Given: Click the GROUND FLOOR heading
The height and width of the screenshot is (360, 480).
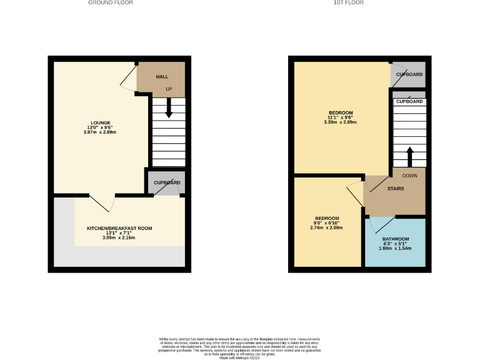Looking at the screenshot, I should click(110, 2).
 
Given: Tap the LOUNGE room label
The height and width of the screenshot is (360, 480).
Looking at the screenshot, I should click(100, 122).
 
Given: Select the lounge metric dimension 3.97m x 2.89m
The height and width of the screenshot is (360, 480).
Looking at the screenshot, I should click(100, 132).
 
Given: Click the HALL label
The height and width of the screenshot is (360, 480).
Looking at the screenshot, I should click(162, 76).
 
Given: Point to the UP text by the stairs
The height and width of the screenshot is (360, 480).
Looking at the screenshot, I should click(169, 89).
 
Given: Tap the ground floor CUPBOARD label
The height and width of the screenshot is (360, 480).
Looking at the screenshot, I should click(167, 182).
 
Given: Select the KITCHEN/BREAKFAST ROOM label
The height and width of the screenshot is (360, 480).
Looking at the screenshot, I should click(119, 229).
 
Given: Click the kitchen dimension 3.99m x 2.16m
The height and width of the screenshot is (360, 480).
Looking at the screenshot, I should click(119, 237).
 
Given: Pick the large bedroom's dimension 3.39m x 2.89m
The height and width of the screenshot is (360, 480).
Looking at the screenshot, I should click(340, 122).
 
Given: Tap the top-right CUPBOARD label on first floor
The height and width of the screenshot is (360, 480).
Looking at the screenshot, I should click(409, 75).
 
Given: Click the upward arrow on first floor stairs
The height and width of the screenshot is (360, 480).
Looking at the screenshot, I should click(409, 156).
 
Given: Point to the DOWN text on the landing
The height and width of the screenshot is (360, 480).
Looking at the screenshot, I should click(409, 176).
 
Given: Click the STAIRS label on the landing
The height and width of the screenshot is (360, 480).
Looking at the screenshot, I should click(395, 188).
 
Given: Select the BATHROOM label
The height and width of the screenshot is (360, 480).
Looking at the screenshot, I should click(395, 239).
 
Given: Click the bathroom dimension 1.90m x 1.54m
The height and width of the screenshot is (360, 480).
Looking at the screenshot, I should click(395, 248).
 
